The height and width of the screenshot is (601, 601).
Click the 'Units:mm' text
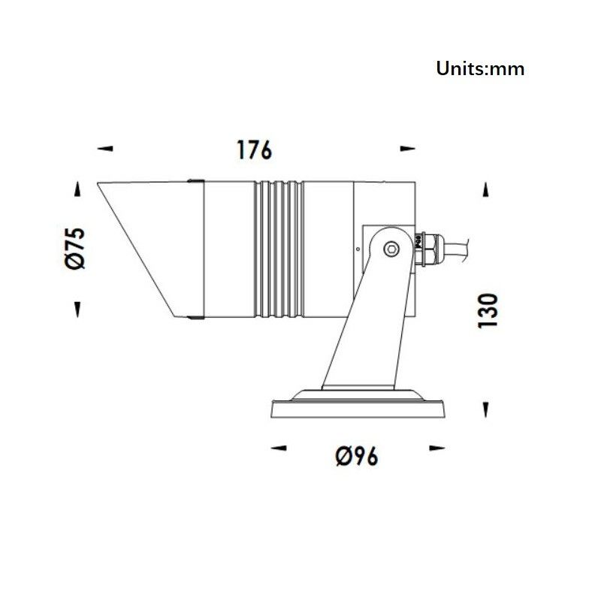click(x=480, y=69)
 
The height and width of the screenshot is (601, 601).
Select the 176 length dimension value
click(x=255, y=149)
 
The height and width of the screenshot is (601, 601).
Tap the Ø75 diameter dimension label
click(x=75, y=249)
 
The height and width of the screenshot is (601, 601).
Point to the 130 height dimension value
click(x=488, y=311)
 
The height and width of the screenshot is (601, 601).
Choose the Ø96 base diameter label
click(x=357, y=456)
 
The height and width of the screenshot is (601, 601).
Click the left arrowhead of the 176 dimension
click(x=105, y=148)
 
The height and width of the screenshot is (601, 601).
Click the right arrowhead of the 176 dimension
click(x=407, y=148)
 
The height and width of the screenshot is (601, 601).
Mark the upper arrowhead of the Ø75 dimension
click(x=78, y=189)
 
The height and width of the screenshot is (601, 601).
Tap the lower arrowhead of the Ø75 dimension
click(x=78, y=310)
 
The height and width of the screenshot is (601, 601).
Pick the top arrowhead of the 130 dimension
click(x=485, y=189)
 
